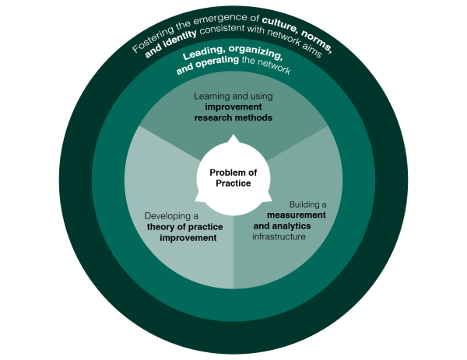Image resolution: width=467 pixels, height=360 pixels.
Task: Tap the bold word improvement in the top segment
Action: (233, 107)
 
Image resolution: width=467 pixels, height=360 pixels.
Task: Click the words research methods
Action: (233, 118)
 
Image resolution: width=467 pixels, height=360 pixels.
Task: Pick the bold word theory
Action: (160, 226)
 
